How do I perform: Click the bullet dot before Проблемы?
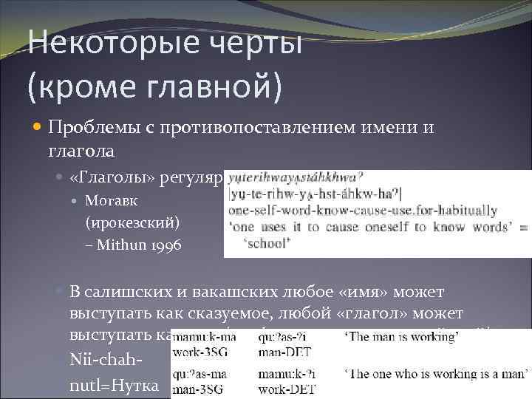click(39, 129)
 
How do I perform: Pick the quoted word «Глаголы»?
click(103, 180)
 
